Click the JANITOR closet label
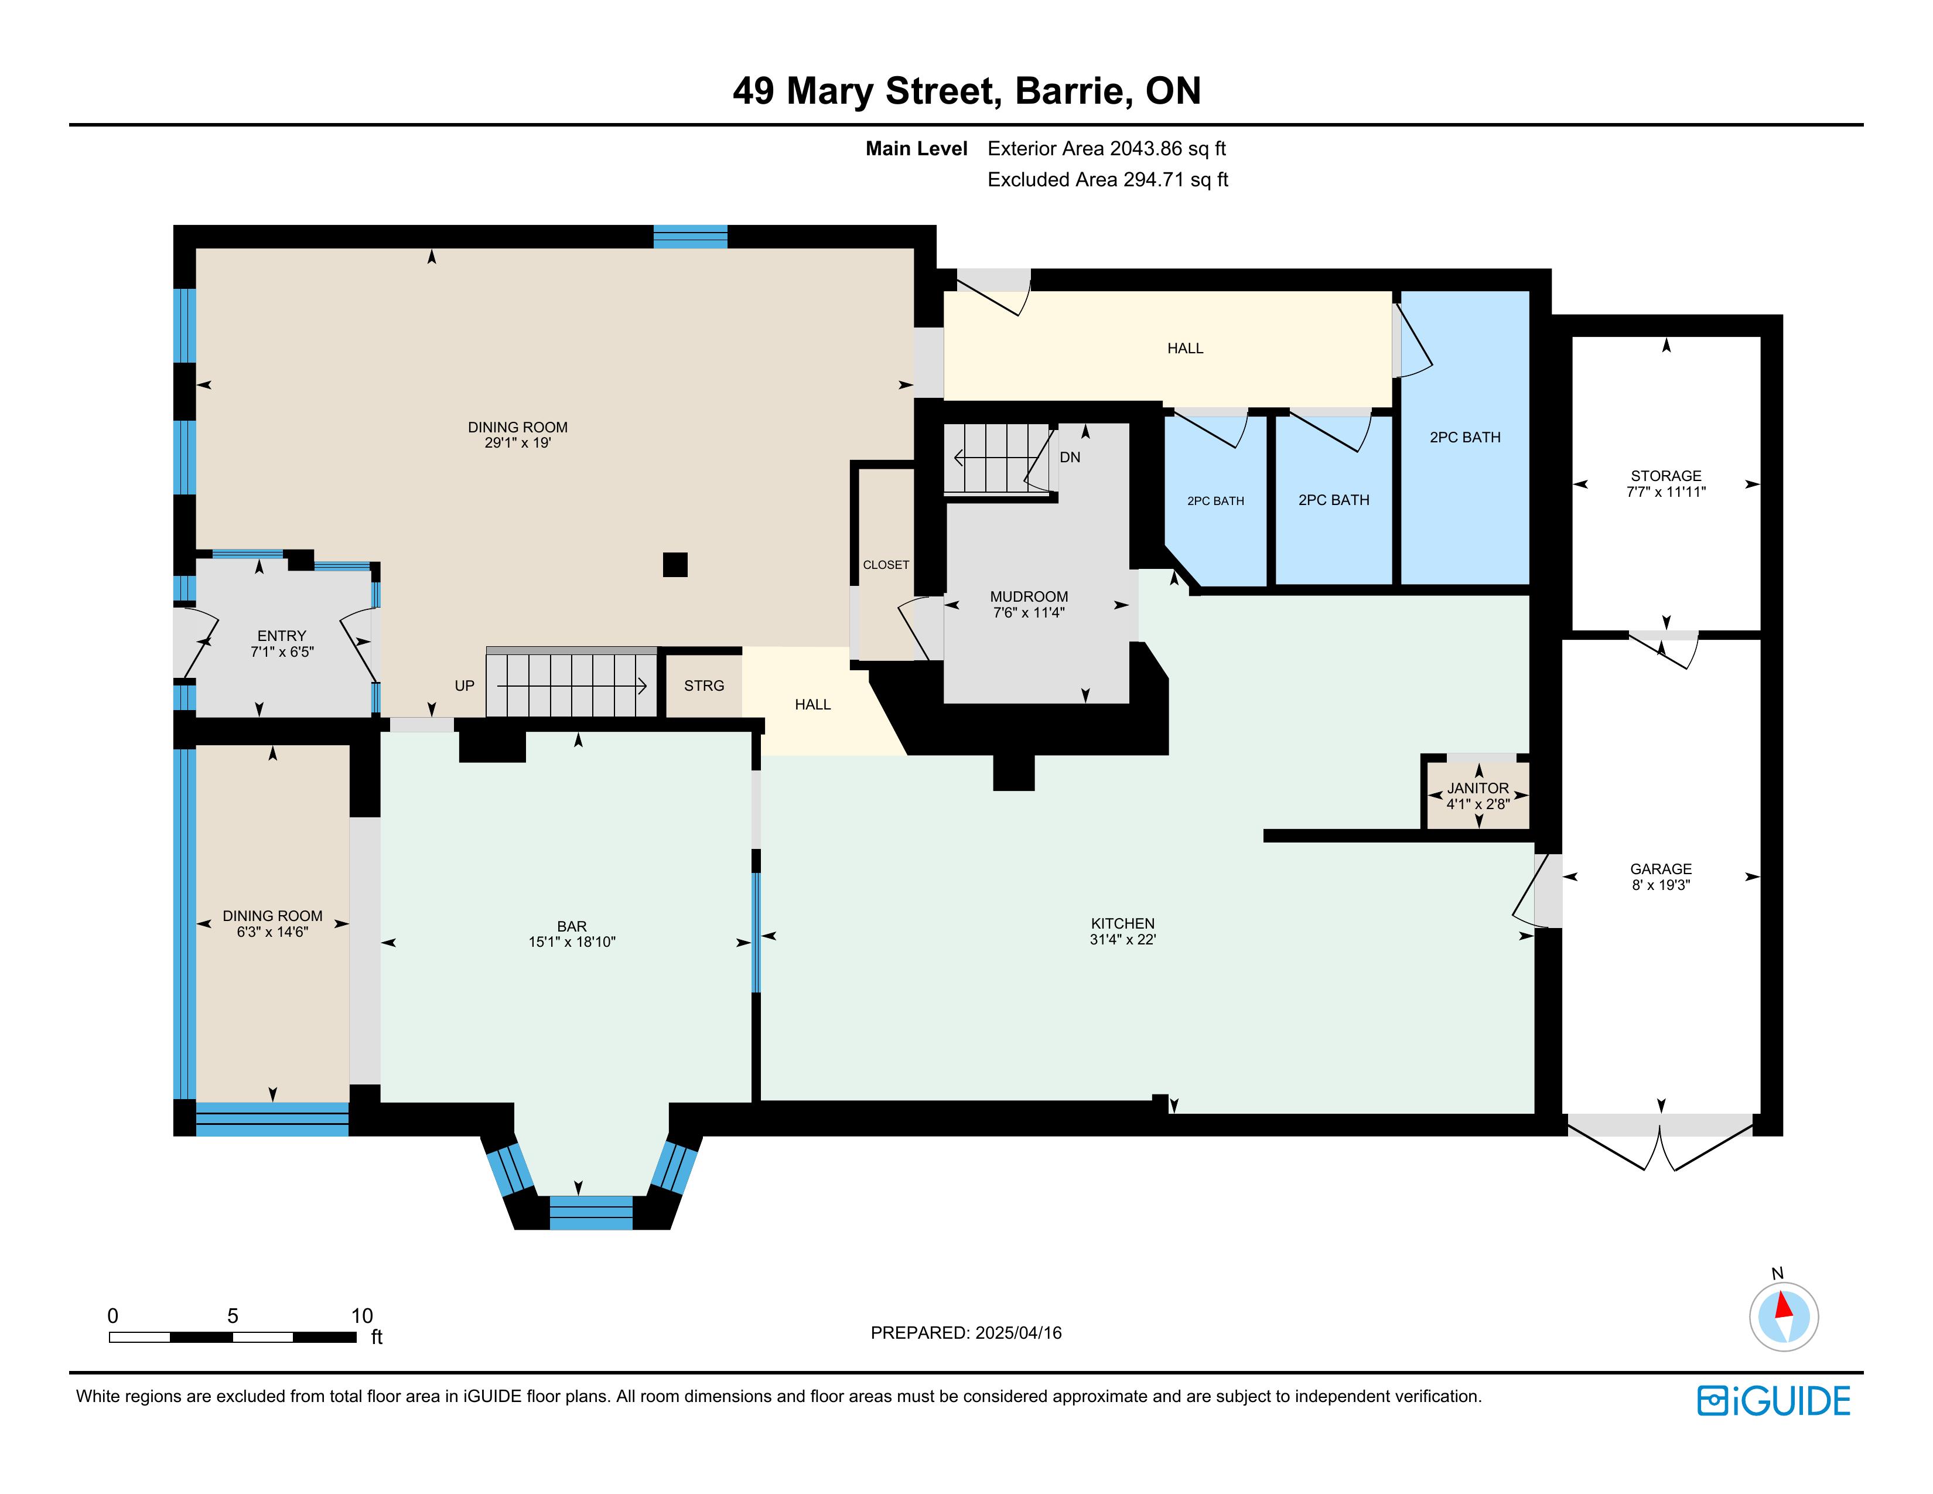[x=1478, y=787]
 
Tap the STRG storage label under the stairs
[x=703, y=686]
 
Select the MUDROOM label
[x=1029, y=596]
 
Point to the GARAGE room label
[x=1661, y=869]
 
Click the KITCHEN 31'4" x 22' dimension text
[x=1122, y=939]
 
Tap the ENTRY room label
[x=281, y=636]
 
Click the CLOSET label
[x=886, y=565]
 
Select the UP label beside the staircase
[x=465, y=686]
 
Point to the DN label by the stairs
[x=1070, y=458]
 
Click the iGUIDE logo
[x=1774, y=1401]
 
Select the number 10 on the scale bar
[x=362, y=1315]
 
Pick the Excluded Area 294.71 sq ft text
[x=1107, y=180]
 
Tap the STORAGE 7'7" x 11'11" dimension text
[x=1666, y=492]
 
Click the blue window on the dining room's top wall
[x=691, y=236]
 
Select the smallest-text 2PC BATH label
[x=1215, y=501]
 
